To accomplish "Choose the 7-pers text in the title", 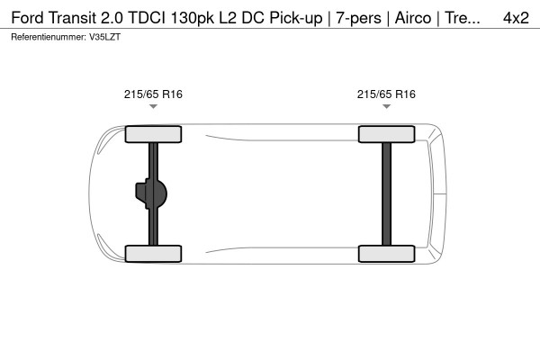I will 358,17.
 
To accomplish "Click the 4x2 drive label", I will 516,17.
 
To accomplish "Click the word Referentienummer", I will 47,37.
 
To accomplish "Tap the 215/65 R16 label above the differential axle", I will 153,93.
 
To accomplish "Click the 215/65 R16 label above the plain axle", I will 386,93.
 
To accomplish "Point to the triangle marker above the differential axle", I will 153,107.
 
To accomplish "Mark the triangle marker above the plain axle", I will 386,107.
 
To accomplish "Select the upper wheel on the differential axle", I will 153,135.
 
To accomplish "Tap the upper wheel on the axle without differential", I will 386,135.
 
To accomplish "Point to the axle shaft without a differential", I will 386,193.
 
